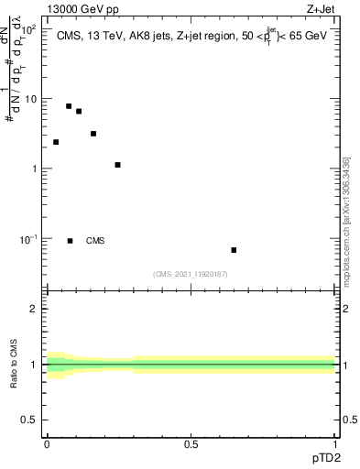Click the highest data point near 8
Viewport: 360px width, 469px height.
coord(69,106)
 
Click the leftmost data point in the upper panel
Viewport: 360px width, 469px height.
coord(56,142)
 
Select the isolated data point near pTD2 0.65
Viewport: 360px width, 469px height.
coord(234,250)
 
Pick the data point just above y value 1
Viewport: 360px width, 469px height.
coord(118,165)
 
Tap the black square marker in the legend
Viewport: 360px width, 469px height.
coord(71,241)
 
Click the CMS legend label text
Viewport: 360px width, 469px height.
coord(95,241)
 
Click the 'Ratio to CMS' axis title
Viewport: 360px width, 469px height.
coord(15,365)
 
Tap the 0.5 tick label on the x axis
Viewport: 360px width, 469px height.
coord(191,442)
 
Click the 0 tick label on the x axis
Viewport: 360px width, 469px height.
coord(47,442)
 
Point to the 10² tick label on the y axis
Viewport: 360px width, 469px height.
coord(28,29)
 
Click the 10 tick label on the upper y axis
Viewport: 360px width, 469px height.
coord(31,99)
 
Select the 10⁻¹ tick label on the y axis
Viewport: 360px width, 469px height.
coord(28,239)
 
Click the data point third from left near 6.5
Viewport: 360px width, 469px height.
coord(79,112)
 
